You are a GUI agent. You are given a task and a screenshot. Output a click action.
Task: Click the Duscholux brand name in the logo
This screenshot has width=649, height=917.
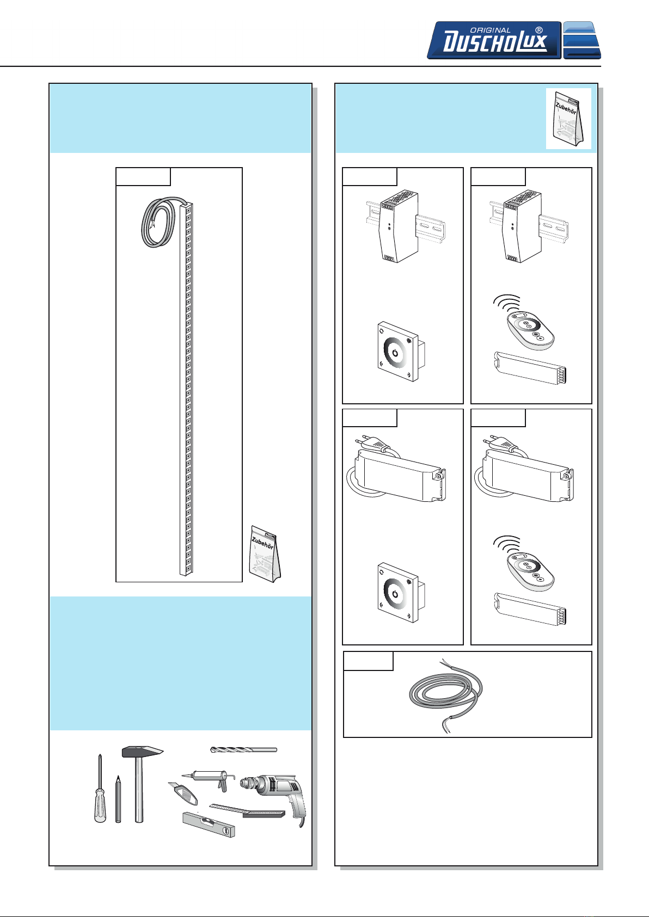click(x=495, y=42)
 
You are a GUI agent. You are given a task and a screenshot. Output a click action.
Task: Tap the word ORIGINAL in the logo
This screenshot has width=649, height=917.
click(x=490, y=30)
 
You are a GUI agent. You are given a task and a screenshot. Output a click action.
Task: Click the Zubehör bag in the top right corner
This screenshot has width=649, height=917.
click(x=568, y=119)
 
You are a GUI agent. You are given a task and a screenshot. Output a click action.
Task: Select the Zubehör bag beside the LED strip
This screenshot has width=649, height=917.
click(x=265, y=553)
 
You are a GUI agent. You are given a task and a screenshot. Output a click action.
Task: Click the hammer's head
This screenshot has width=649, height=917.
click(x=143, y=751)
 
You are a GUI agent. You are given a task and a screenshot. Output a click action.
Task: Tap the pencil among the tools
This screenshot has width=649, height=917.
click(x=118, y=799)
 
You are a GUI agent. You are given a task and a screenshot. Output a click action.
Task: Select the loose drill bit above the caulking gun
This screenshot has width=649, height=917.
click(x=243, y=750)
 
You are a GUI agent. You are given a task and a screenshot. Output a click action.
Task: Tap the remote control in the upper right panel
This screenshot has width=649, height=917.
click(x=531, y=330)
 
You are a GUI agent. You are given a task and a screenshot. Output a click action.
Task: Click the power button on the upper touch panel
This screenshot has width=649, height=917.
click(x=395, y=353)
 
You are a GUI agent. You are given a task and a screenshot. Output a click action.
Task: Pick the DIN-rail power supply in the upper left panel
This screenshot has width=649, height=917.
click(x=399, y=226)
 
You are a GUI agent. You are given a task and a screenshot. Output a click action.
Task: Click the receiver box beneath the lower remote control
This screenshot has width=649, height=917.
click(x=530, y=610)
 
